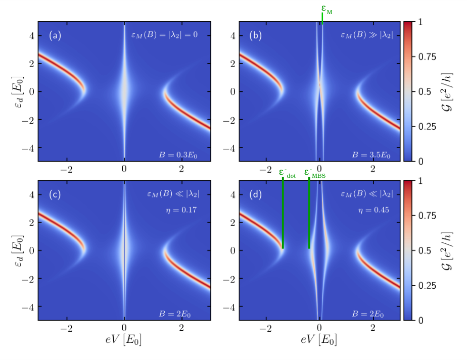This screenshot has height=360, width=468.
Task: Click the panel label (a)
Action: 55,35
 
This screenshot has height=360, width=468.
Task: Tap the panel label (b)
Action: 256,35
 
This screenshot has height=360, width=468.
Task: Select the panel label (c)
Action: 55,194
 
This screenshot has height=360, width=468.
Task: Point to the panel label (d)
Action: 256,194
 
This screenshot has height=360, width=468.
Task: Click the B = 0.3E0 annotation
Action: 178,155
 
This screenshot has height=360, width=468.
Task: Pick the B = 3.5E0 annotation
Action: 371,155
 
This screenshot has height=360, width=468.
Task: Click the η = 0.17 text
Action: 181,210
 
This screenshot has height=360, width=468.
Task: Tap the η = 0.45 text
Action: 373,210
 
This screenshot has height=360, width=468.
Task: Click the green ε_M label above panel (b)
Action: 326,9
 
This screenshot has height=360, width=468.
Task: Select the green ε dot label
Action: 287,173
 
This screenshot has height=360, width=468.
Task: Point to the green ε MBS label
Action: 315,173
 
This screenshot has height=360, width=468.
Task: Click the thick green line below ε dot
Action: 283,213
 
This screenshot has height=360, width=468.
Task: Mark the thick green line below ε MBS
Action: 309,213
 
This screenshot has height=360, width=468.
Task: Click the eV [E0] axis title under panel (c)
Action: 123,339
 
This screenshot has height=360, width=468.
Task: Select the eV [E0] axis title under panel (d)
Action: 319,339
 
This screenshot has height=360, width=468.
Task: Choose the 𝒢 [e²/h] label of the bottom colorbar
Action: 447,250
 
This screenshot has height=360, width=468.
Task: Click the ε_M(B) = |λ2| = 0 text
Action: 164,35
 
